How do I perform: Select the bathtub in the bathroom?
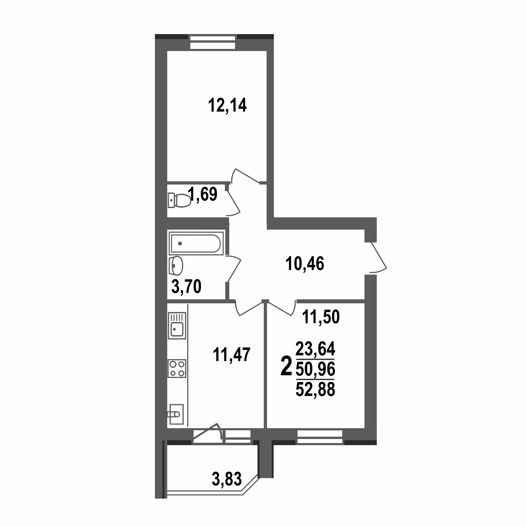[x=196, y=243]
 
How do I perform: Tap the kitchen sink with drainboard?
[x=177, y=325]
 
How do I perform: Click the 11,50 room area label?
[x=321, y=317]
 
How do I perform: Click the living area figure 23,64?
[x=315, y=349]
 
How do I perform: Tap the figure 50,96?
[x=315, y=369]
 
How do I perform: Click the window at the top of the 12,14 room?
[x=212, y=42]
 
